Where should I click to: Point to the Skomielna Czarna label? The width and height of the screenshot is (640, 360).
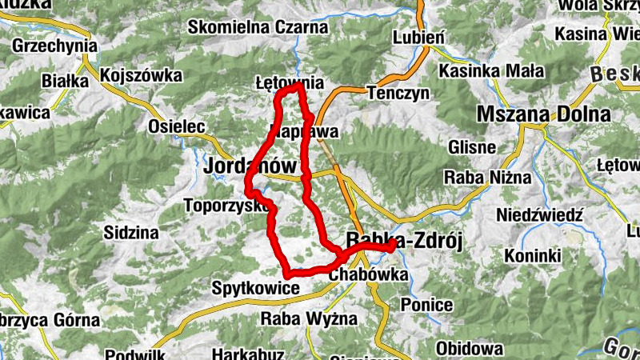(x=258, y=27)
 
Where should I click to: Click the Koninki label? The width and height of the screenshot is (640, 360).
(x=532, y=256)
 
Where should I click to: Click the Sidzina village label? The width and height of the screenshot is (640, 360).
(x=131, y=233)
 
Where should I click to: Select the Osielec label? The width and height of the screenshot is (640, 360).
(x=178, y=126)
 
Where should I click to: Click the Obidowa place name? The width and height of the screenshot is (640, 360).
(x=470, y=349)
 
